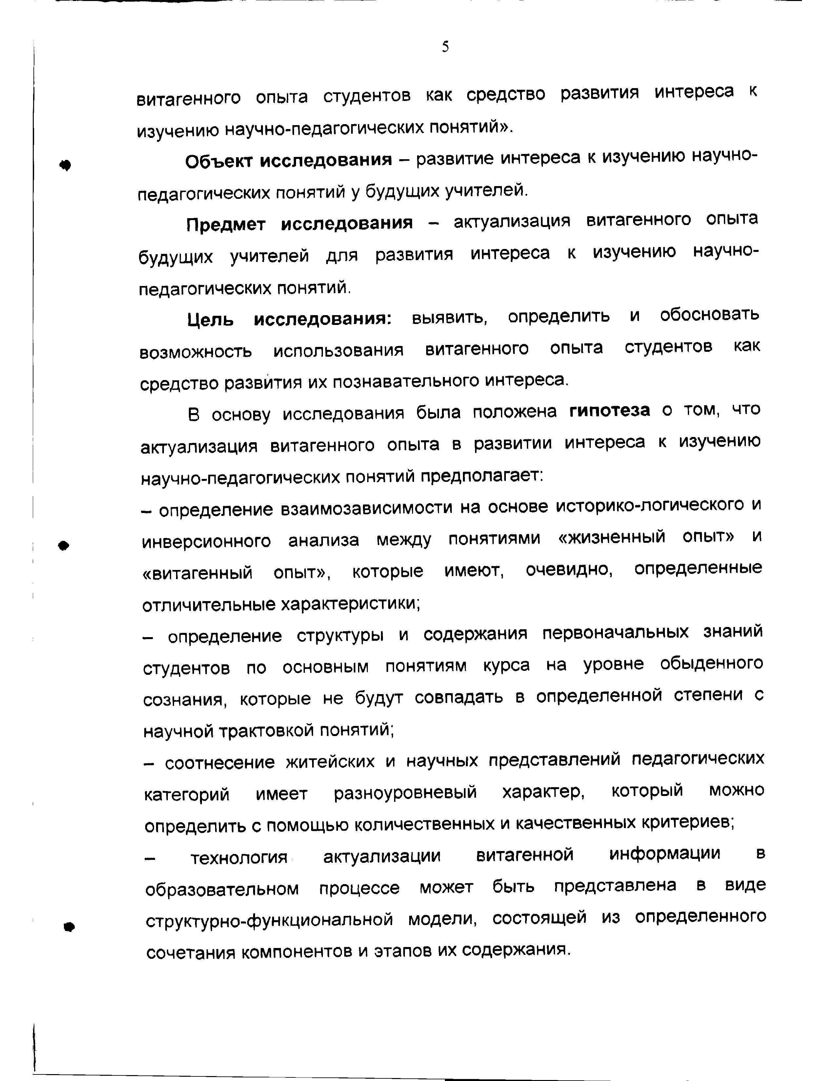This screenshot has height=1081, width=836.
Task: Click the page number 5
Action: pyautogui.click(x=445, y=47)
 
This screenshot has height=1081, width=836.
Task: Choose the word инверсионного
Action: pyautogui.click(x=207, y=541)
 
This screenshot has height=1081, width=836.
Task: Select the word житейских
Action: pyautogui.click(x=330, y=762)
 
